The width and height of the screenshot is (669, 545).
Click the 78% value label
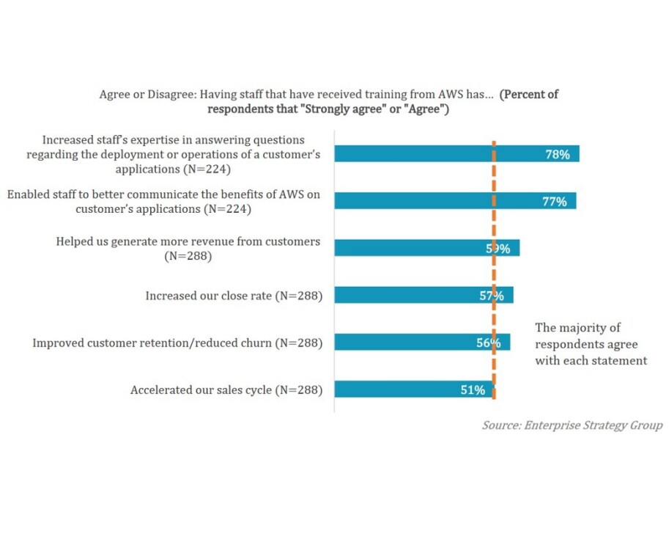[x=558, y=155]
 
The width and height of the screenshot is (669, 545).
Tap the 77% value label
[x=555, y=202]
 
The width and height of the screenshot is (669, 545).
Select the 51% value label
[x=473, y=390]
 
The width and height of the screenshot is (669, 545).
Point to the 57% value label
[x=490, y=296]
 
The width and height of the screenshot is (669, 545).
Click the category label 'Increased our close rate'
[x=234, y=296]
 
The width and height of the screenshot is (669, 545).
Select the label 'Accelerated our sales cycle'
[x=226, y=390]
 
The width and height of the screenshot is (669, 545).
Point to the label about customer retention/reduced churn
[x=177, y=343]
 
